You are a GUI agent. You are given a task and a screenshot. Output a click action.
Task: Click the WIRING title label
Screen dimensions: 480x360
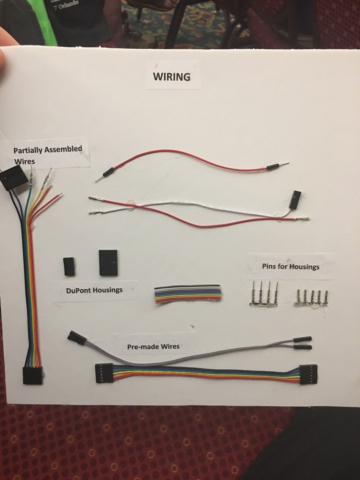click(x=172, y=76)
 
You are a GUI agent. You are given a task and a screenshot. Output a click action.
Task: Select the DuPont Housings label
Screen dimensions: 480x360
click(x=94, y=290)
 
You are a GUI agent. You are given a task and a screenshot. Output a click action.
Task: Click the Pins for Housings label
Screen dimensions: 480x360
click(x=291, y=267)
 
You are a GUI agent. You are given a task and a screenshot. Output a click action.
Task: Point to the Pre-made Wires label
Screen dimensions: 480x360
click(x=154, y=347)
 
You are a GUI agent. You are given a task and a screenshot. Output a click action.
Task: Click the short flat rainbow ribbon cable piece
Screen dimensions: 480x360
click(x=187, y=294)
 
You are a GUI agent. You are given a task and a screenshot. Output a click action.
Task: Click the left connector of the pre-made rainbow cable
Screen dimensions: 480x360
click(x=104, y=373)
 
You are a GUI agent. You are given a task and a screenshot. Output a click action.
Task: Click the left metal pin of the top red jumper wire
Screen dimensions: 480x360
click(x=99, y=179)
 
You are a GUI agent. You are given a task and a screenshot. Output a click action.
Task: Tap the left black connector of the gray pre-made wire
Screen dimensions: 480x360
click(x=76, y=337)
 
